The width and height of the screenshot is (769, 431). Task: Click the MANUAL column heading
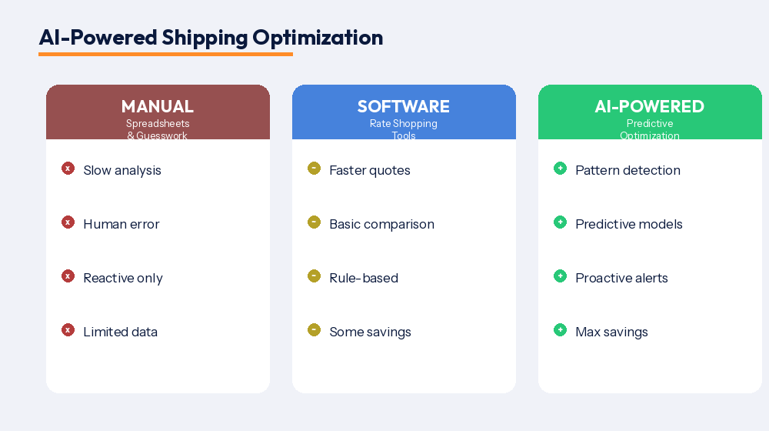[158, 106]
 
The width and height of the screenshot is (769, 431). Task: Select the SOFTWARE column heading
[404, 106]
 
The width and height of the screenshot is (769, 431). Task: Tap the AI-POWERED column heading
[650, 106]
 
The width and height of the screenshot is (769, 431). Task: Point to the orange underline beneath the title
[165, 54]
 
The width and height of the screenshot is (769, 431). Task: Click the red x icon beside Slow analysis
[68, 169]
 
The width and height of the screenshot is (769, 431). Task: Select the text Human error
[122, 224]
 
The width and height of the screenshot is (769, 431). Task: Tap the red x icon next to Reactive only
[68, 276]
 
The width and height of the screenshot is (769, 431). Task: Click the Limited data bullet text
[121, 332]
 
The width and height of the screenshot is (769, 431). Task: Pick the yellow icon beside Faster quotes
[314, 169]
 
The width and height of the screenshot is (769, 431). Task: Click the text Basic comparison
[381, 224]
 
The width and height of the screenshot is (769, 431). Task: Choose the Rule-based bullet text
[364, 278]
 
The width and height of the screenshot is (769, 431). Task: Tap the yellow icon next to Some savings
[314, 330]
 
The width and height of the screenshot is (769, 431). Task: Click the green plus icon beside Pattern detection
[560, 169]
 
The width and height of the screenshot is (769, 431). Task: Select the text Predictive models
[629, 224]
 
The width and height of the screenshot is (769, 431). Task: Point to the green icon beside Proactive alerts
[560, 276]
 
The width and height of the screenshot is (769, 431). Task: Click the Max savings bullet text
[611, 332]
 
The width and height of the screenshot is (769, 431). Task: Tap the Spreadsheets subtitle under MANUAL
[158, 123]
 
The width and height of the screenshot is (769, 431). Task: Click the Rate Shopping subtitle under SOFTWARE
[404, 123]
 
